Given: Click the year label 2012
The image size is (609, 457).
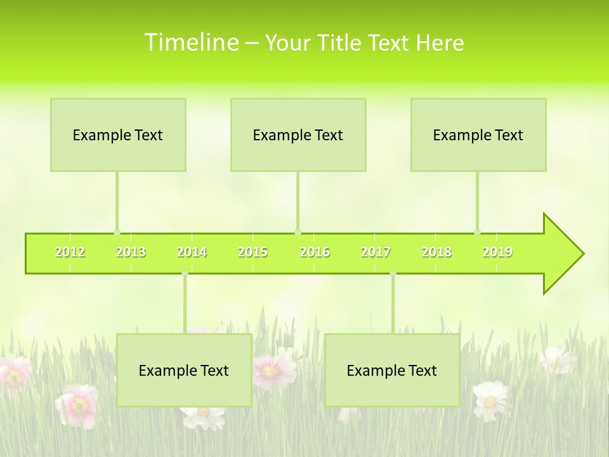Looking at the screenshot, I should pos(70,252).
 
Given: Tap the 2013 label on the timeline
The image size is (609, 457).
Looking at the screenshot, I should pos(131,252).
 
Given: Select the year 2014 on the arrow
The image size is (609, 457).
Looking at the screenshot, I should pos(192,252).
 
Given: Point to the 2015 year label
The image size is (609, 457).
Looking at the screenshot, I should pos(252,252).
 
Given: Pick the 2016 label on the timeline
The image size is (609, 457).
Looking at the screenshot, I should pos(315,252).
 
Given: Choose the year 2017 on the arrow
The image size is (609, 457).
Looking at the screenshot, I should pos(376,252).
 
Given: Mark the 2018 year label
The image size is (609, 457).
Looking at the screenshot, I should pos(436,252).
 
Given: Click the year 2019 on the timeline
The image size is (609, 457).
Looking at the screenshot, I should pos(497,252).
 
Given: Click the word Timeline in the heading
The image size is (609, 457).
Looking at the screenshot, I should pos(190,43).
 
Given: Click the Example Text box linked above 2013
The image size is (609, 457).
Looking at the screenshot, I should pos(118,135).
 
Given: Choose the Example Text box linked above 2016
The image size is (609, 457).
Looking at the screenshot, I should pos(298,135).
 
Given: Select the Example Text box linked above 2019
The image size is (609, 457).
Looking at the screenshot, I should pos(478,135).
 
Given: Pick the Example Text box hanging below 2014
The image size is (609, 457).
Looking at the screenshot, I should pos(184,370).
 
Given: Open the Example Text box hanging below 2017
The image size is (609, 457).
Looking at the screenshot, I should pos(392,370).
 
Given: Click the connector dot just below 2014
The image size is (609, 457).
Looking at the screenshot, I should pos(185,273).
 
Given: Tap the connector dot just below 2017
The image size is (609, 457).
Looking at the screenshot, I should pos(393,273).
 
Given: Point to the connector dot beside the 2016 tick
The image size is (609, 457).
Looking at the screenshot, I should pos(298,232).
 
